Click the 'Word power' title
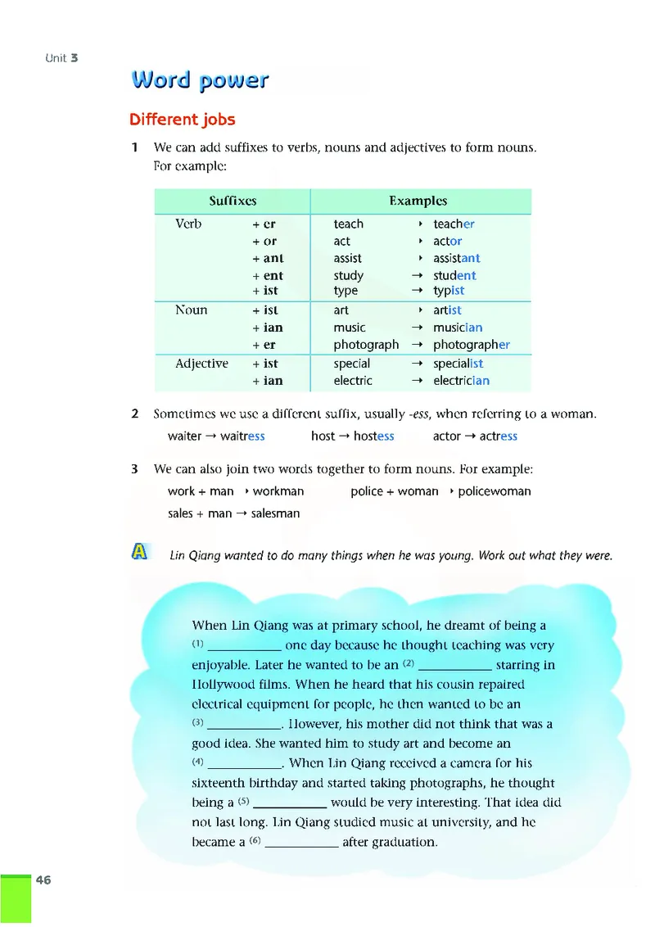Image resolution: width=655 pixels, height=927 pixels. (200, 80)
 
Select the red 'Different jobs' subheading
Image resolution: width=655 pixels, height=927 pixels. (182, 120)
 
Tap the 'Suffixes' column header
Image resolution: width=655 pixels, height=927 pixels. (233, 201)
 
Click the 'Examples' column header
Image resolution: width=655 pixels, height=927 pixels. (418, 201)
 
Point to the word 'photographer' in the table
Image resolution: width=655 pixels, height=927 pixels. (472, 345)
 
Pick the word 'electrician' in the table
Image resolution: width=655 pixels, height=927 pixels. (461, 381)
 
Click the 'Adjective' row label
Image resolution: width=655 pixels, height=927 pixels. (201, 364)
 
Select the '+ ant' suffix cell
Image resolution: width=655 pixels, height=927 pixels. (268, 259)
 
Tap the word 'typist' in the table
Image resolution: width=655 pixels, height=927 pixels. (449, 291)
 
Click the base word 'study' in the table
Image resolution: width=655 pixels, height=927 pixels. (348, 276)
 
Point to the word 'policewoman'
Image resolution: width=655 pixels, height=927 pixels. (495, 491)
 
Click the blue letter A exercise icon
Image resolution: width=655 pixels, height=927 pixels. (139, 553)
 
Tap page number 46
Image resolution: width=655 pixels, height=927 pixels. (43, 880)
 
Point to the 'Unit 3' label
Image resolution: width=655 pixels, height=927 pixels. (61, 58)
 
